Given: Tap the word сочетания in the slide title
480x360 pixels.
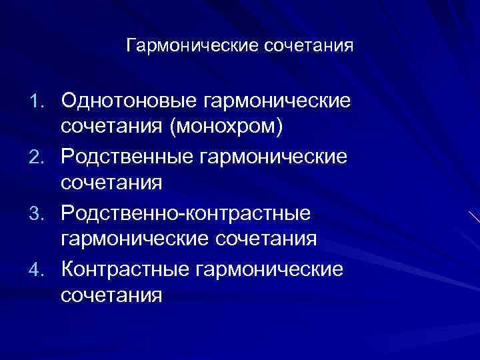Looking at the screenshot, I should (x=309, y=48).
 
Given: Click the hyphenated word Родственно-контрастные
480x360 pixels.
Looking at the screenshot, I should (x=186, y=213).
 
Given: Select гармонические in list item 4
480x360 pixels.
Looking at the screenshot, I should (x=271, y=269).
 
